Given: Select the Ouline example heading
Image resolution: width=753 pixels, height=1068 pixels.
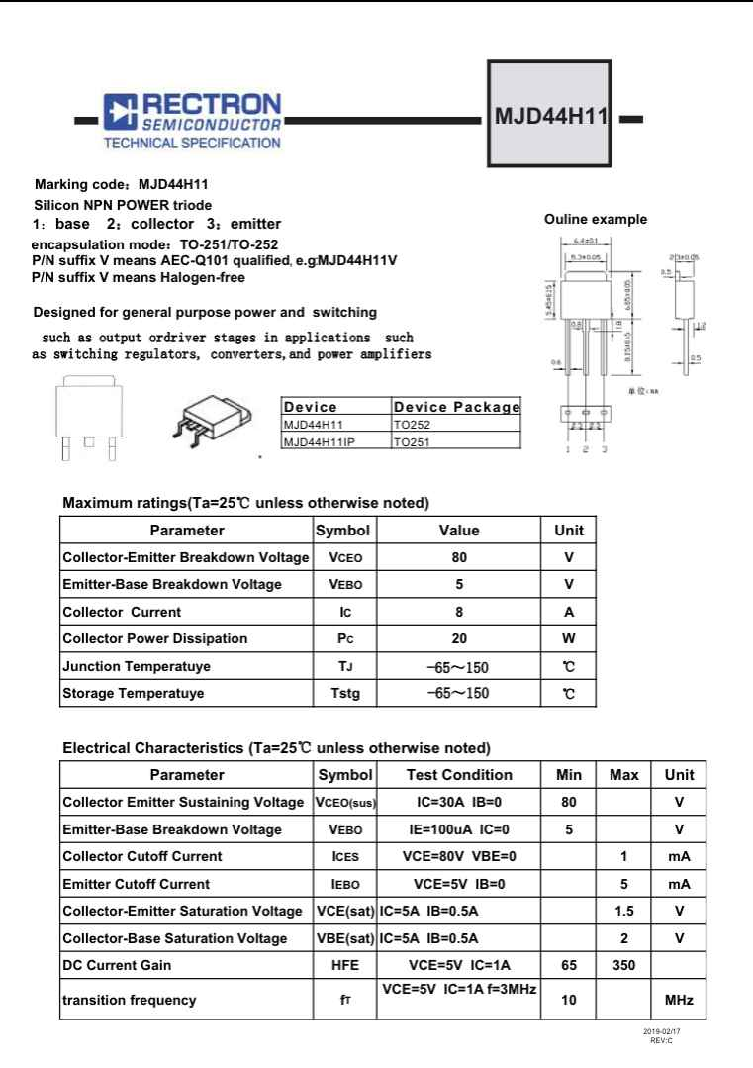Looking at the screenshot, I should coord(596,220).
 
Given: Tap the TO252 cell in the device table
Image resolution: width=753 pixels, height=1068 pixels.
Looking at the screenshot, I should coord(412,425).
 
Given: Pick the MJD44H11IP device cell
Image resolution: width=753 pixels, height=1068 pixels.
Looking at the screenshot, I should coord(319,441).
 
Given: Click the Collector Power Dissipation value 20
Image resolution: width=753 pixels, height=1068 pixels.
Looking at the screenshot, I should coord(459,638).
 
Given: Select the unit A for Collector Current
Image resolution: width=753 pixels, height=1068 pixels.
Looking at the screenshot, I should coord(569,612).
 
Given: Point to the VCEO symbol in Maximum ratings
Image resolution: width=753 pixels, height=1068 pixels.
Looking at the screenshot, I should coord(343,557).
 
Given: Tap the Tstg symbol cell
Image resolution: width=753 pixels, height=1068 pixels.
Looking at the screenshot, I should coord(343,693).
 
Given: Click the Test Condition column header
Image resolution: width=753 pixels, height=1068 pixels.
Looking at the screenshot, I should coord(459,775).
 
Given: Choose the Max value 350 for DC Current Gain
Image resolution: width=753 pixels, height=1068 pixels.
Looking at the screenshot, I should coord(624,966).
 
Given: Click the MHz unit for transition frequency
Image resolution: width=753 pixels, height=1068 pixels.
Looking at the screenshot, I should coord(679,1001).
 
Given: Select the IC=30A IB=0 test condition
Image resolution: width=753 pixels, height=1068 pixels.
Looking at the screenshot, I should coord(459,802).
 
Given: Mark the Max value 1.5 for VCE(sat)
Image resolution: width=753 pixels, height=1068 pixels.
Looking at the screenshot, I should coord(624,911).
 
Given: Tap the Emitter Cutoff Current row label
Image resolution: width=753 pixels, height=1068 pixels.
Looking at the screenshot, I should coord(137,884).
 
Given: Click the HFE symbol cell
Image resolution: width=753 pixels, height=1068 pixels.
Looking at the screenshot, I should coord(345,966).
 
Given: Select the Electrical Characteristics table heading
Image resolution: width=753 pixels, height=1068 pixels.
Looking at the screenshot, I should coord(276,747).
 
